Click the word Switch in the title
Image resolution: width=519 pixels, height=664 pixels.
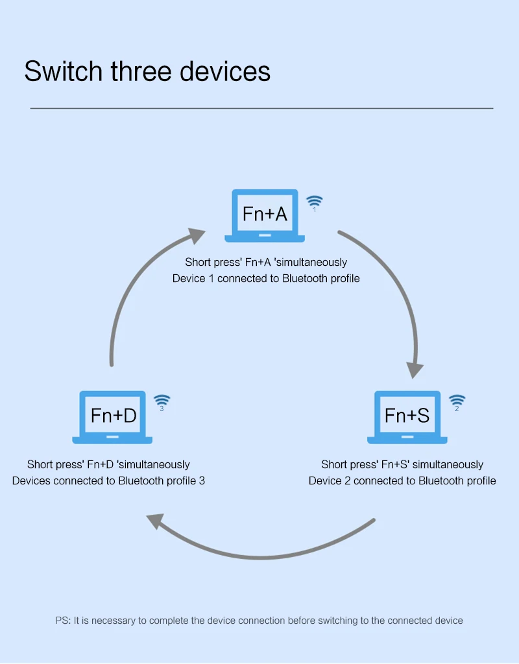[63, 71]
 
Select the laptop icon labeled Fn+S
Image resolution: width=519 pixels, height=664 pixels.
[407, 416]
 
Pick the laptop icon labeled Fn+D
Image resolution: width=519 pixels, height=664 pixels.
[113, 416]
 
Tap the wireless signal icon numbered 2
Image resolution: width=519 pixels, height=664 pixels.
[457, 401]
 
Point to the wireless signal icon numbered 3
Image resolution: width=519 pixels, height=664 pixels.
[162, 401]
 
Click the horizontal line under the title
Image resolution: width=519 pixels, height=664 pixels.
[261, 108]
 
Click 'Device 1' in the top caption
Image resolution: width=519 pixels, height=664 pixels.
[193, 278]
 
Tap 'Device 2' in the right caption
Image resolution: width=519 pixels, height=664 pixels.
[330, 480]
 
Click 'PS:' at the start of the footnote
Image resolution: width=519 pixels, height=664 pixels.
[63, 621]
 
